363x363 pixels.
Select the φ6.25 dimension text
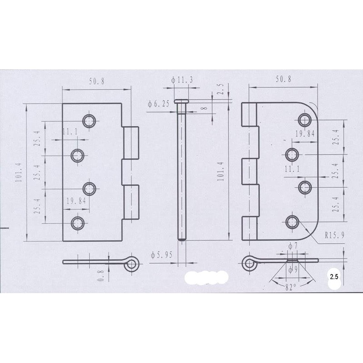pyautogui.click(x=158, y=104)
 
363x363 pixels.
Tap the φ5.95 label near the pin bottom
pyautogui.click(x=162, y=255)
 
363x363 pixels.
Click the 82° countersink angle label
pyautogui.click(x=291, y=288)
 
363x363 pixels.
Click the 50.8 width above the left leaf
pyautogui.click(x=97, y=81)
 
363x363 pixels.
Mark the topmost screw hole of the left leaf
pyautogui.click(x=88, y=120)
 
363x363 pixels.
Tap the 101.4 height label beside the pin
pyautogui.click(x=221, y=171)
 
